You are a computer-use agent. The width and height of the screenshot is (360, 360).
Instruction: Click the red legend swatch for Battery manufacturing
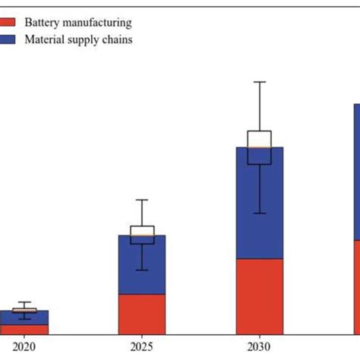pyautogui.click(x=7, y=24)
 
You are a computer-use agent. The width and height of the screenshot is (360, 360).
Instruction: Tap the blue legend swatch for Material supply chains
pyautogui.click(x=7, y=39)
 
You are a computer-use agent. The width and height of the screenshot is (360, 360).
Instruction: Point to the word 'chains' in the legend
pyautogui.click(x=118, y=39)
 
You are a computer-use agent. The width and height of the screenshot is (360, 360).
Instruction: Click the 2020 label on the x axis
pyautogui.click(x=24, y=346)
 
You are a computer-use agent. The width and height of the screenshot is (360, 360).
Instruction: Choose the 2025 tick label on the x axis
pyautogui.click(x=141, y=346)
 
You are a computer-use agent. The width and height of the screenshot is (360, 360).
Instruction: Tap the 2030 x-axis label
pyautogui.click(x=260, y=346)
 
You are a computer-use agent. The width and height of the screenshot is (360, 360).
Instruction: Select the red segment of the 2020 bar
pyautogui.click(x=24, y=330)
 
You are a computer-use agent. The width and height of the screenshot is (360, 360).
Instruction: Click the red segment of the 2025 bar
pyautogui.click(x=141, y=314)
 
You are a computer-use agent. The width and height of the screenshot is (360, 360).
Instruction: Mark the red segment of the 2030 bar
pyautogui.click(x=260, y=296)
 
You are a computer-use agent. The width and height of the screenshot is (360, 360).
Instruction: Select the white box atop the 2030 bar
pyautogui.click(x=260, y=138)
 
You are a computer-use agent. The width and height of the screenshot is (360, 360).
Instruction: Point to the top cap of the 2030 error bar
pyautogui.click(x=260, y=81)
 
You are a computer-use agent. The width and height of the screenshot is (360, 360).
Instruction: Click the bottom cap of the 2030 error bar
pyautogui.click(x=260, y=213)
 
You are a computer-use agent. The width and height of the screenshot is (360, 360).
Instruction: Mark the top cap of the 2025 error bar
pyautogui.click(x=141, y=200)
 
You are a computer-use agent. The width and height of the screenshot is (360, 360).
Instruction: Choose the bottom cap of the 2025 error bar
pyautogui.click(x=141, y=270)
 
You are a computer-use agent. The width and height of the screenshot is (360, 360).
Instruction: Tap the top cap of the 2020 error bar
pyautogui.click(x=24, y=302)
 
